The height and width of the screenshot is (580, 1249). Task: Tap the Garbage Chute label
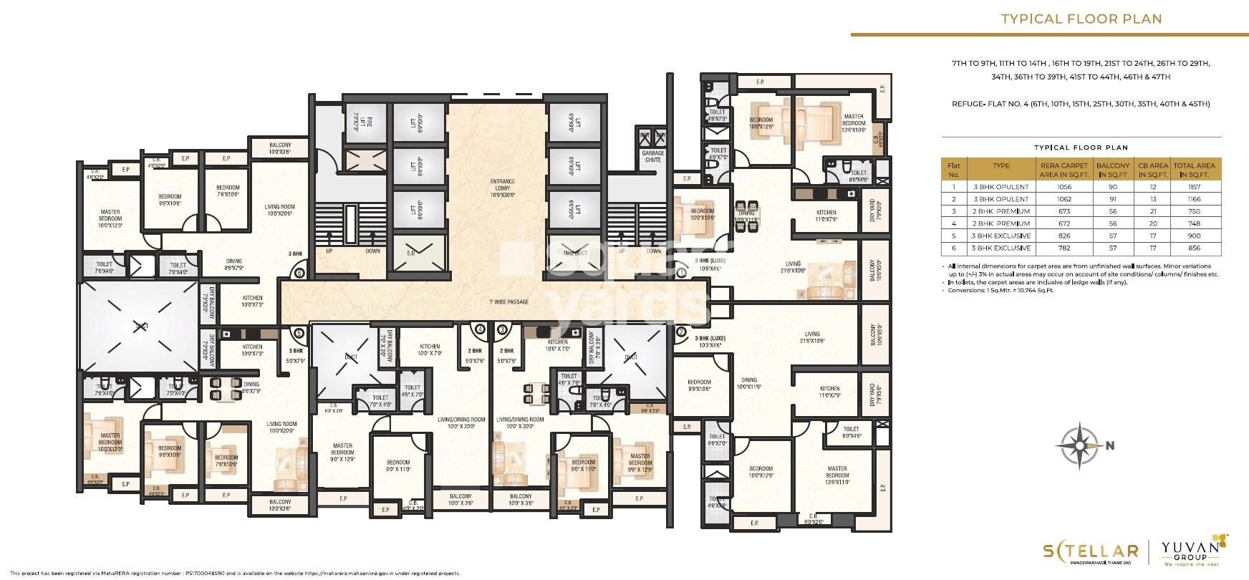pos(652,156)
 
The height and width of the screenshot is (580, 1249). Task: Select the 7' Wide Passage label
pos(509,302)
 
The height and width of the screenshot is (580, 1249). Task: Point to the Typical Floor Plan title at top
pos(1081,19)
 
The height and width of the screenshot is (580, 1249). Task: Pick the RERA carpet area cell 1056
pos(1069,187)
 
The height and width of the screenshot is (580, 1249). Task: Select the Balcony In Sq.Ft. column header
pos(1113,169)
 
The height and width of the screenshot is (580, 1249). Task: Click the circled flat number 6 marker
pos(300,273)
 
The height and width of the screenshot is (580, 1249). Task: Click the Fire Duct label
pos(576,253)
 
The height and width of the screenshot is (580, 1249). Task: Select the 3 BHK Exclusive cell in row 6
pos(1000,248)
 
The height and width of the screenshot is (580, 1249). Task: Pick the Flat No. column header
pos(953,169)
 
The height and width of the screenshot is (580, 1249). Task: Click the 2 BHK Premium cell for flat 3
pos(1000,211)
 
